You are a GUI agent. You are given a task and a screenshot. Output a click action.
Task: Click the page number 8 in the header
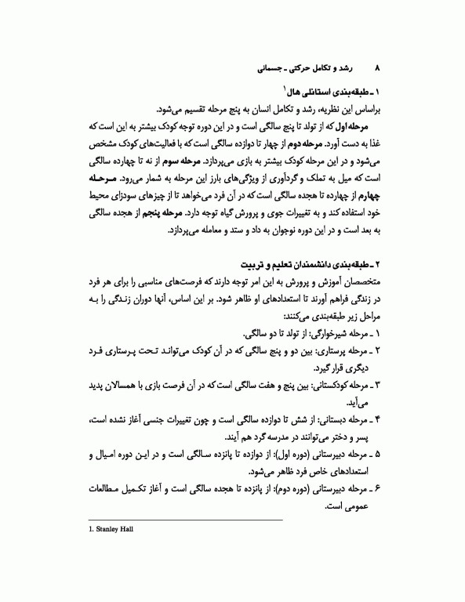click(380, 70)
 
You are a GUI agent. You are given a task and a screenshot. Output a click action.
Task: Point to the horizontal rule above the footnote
click(187, 520)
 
